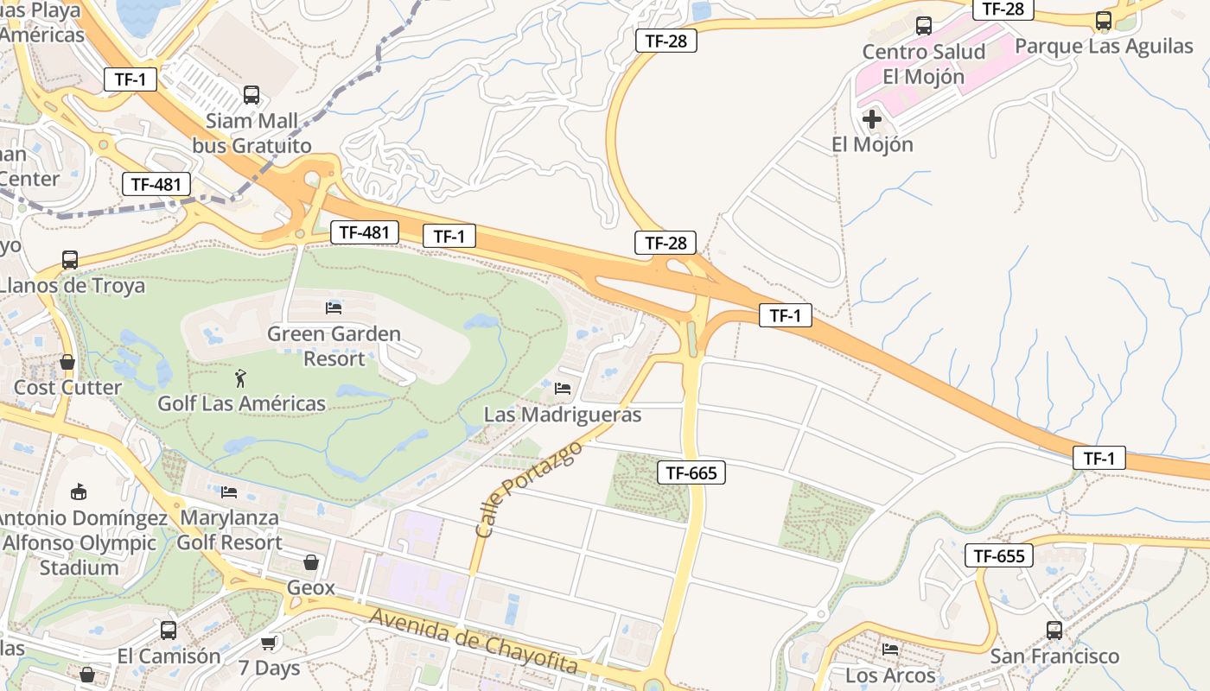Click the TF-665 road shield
691,472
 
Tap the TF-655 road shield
999,555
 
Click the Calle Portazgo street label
528,488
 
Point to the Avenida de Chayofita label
473,640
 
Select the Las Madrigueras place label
563,415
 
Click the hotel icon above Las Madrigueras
563,389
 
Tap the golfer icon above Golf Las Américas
240,377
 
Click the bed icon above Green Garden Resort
334,307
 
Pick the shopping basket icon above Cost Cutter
67,362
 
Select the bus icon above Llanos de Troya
70,259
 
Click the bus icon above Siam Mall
252,95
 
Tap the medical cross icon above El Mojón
872,118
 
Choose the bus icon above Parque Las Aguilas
1104,21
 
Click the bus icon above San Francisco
1054,631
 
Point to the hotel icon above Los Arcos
890,650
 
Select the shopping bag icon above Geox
311,562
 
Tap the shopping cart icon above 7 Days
269,643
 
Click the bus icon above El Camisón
169,631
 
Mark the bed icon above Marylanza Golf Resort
229,491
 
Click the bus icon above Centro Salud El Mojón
924,26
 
